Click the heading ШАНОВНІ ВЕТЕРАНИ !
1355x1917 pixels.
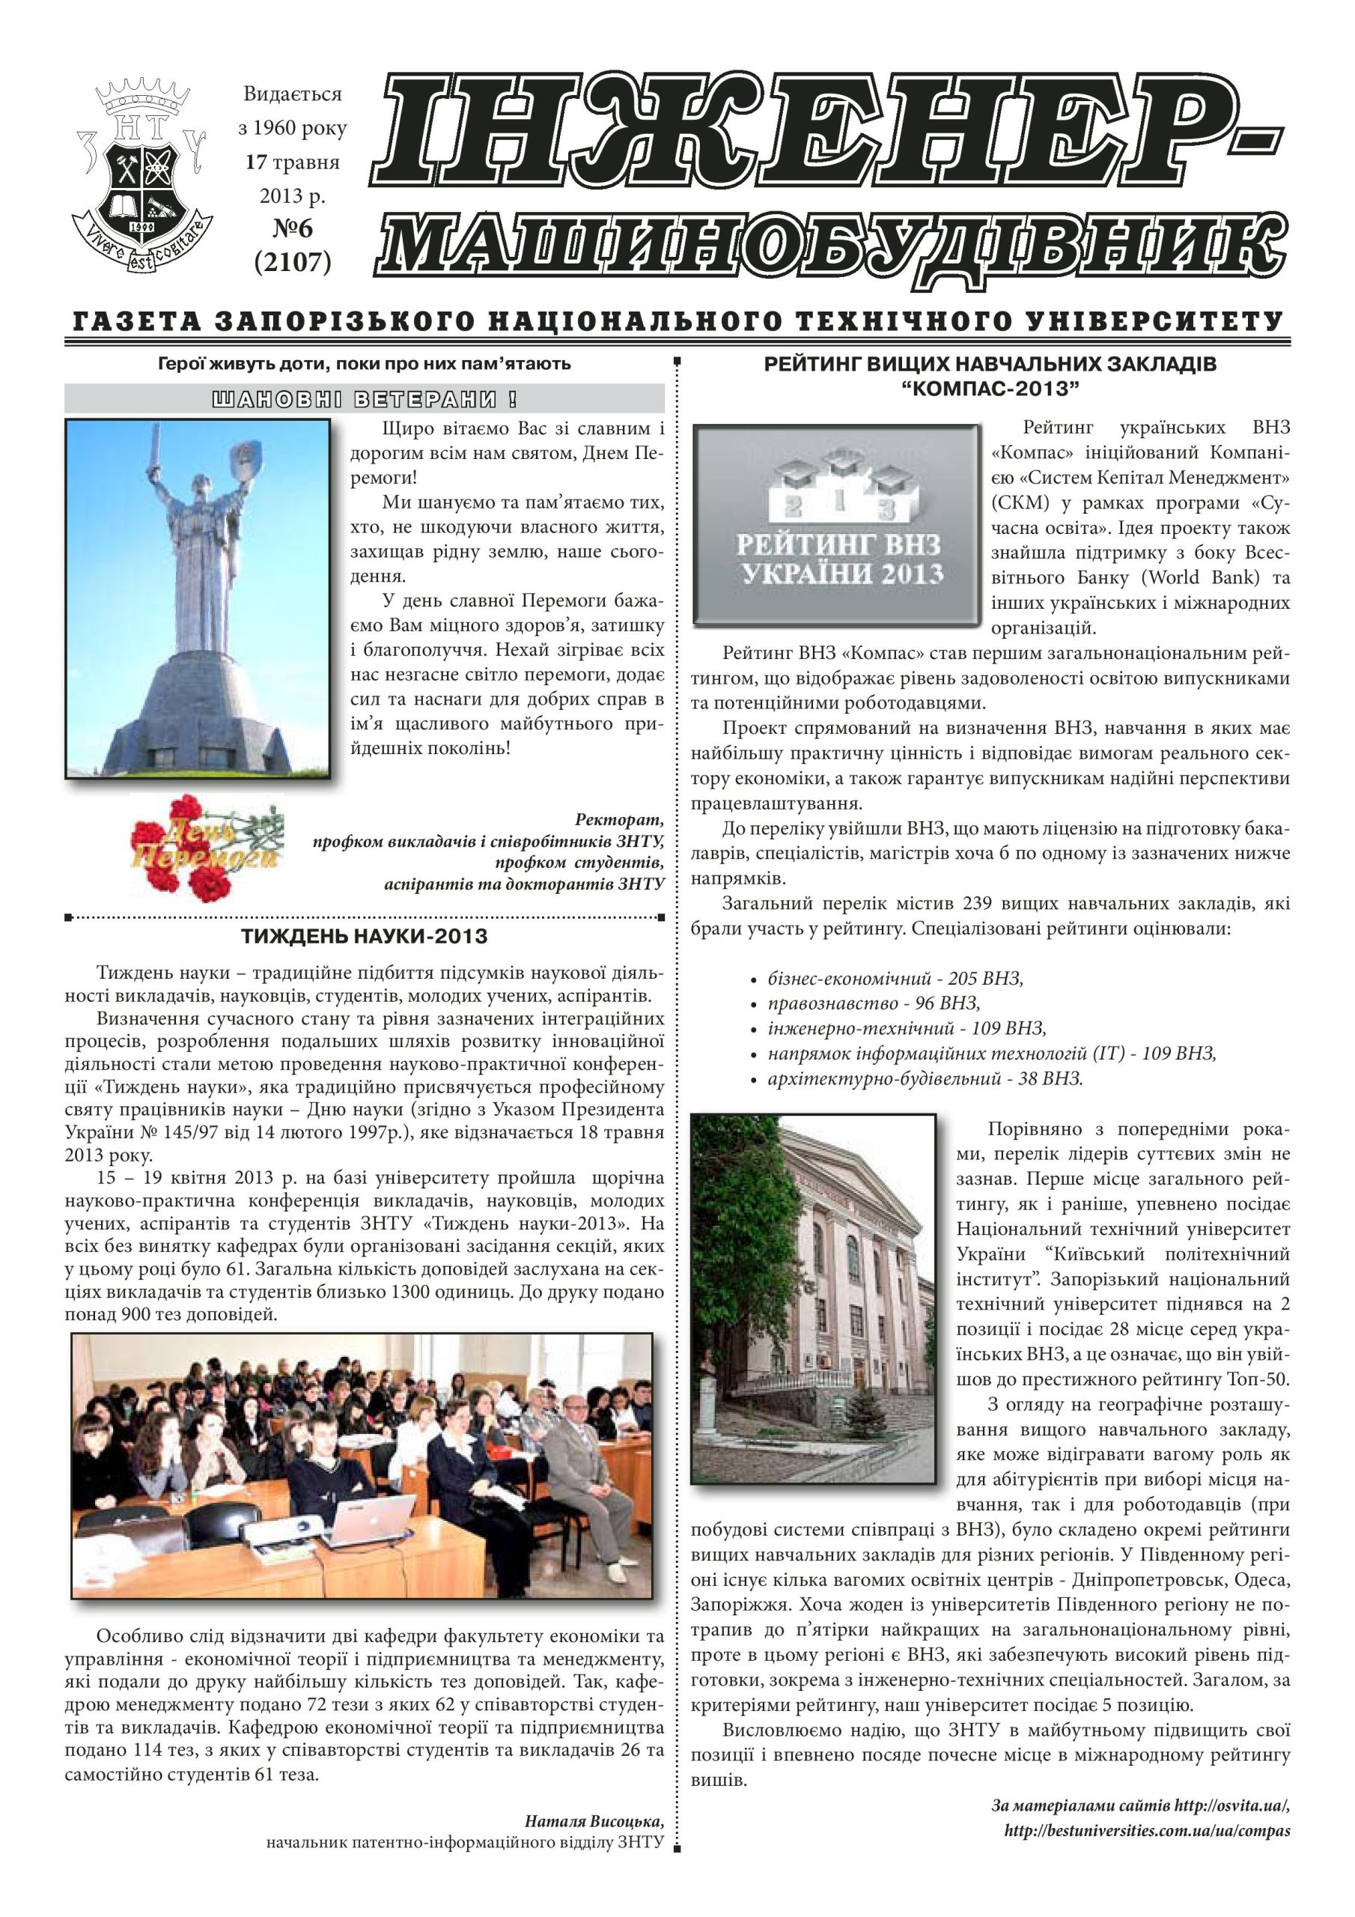pos(364,399)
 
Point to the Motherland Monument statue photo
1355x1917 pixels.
pos(198,598)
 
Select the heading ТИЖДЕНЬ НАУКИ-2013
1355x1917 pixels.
pos(364,937)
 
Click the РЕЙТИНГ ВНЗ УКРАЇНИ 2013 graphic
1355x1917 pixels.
pos(838,525)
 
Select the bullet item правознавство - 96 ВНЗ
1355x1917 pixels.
pos(874,1003)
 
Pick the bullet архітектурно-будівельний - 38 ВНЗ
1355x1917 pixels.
pos(925,1078)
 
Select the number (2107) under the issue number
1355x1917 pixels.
pos(292,262)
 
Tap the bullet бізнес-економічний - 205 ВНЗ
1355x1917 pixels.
pos(895,978)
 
